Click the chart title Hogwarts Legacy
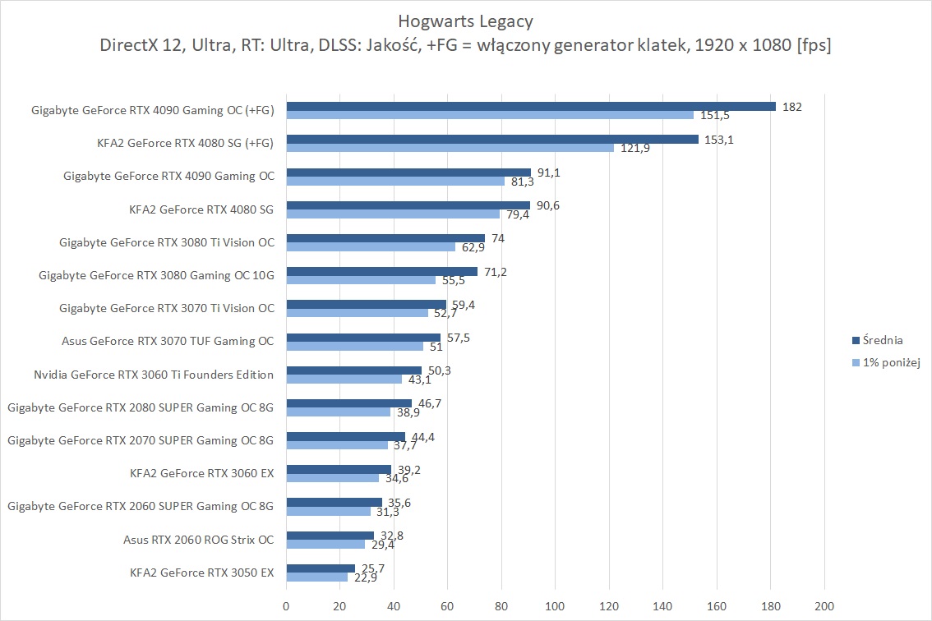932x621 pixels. (464, 21)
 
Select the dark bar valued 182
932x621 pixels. (531, 106)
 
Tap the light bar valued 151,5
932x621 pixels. (490, 115)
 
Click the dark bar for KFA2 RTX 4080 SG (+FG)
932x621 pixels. (492, 139)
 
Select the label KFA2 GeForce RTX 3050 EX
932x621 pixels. (201, 572)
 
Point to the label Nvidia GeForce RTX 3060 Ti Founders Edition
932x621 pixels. (154, 375)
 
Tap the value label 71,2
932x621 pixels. (496, 271)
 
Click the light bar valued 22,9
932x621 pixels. (316, 577)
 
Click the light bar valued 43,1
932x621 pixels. (344, 379)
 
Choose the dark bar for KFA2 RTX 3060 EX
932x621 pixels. (339, 469)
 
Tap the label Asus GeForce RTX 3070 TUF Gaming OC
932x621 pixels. (168, 341)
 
